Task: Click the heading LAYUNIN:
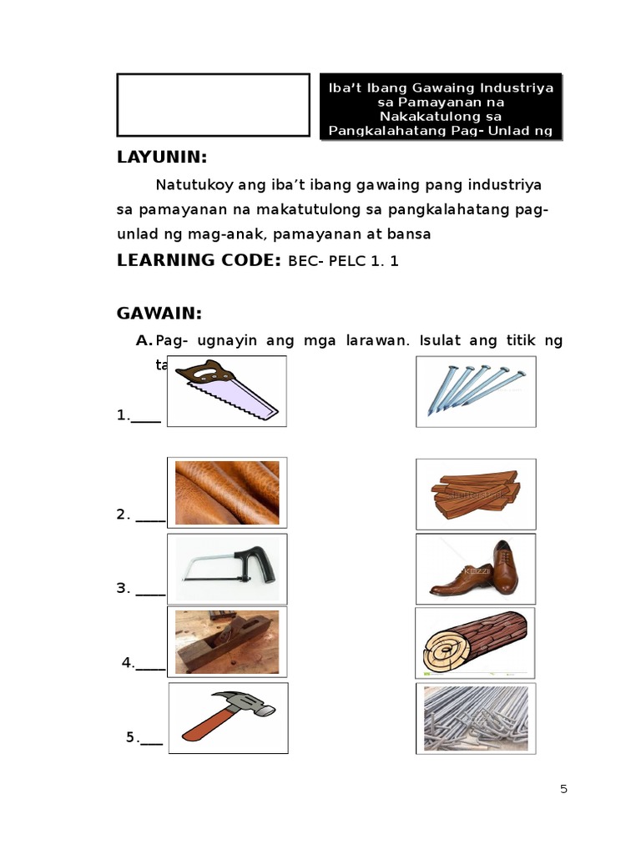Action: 162,158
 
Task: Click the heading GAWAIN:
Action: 159,314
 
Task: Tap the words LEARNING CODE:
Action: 199,260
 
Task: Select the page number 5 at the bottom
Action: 563,789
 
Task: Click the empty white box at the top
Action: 213,104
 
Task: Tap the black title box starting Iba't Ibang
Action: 442,108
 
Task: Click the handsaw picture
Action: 227,391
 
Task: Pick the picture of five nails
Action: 476,391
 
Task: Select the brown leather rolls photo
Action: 227,492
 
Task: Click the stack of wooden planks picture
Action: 476,493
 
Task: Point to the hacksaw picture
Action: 227,569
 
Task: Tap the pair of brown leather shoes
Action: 476,569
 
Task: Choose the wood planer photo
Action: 227,641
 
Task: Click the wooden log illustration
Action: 476,641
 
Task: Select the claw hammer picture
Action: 228,717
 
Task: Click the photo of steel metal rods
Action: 476,717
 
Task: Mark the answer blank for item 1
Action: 146,416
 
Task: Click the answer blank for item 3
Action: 150,589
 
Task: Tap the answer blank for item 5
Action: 151,738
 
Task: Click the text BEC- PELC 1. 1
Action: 343,261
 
